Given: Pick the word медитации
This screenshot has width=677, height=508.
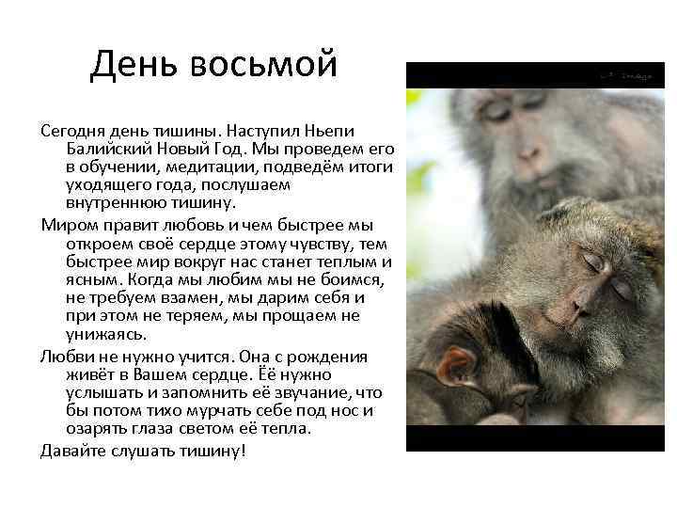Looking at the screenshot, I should pyautogui.click(x=201, y=167).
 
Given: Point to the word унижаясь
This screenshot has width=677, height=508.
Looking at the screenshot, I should pyautogui.click(x=106, y=334).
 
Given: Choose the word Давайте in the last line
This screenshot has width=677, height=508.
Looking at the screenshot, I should pyautogui.click(x=73, y=451).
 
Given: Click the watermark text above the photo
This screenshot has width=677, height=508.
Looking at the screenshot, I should pyautogui.click(x=626, y=74).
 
